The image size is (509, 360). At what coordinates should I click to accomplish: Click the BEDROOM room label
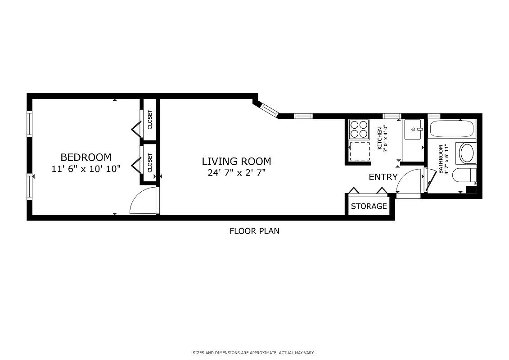(x=86, y=157)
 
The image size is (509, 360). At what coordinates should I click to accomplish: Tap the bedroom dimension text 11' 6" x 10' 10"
(x=86, y=169)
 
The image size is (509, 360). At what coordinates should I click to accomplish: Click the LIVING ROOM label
(x=236, y=161)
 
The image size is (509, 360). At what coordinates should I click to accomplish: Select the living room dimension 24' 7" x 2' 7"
(x=236, y=173)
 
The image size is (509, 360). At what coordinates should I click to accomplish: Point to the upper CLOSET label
(x=150, y=119)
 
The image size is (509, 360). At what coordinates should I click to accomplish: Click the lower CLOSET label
(x=150, y=163)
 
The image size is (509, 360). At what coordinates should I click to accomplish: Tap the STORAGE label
(x=369, y=207)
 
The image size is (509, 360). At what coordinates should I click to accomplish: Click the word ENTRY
(x=383, y=177)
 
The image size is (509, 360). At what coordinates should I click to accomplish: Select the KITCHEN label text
(x=380, y=138)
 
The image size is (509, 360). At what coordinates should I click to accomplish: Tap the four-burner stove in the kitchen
(x=359, y=129)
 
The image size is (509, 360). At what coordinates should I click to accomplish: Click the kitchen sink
(x=413, y=129)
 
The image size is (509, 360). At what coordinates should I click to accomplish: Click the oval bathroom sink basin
(x=466, y=153)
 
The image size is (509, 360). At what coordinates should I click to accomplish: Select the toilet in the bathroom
(x=463, y=175)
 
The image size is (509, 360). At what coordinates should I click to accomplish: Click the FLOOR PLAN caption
(x=254, y=231)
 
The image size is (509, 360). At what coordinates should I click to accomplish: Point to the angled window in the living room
(x=270, y=109)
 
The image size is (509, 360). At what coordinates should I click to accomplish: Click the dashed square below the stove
(x=359, y=151)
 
